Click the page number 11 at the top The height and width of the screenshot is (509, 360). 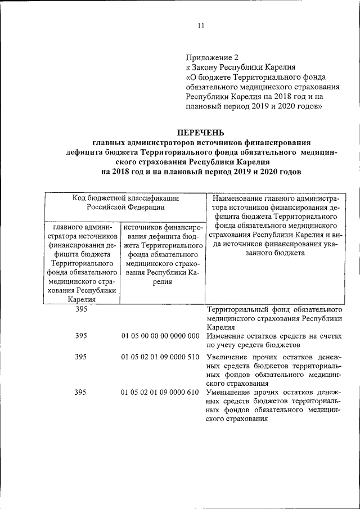(x=201, y=25)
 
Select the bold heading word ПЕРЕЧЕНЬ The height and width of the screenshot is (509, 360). (x=201, y=133)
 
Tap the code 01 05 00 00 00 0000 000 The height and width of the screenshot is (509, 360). (x=160, y=336)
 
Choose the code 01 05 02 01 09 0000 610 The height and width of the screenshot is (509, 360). (x=160, y=392)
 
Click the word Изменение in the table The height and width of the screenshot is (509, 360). (x=227, y=336)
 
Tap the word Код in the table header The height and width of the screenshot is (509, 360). (x=79, y=197)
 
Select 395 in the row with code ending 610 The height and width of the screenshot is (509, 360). (x=80, y=392)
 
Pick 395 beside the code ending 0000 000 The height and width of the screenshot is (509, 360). (x=80, y=336)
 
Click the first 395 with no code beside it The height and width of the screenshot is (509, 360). (x=80, y=309)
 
